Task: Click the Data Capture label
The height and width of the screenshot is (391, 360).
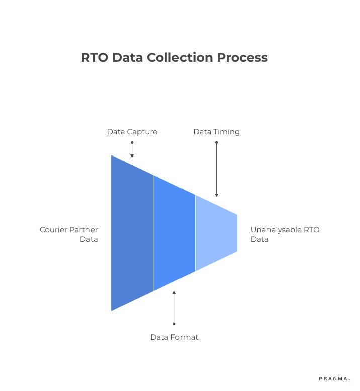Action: coord(132,132)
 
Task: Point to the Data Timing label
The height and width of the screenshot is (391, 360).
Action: coord(216,132)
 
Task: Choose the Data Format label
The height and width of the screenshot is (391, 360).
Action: coord(174,337)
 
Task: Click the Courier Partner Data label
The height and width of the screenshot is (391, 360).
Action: coord(69,234)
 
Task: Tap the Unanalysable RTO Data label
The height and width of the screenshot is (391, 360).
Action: coord(285,234)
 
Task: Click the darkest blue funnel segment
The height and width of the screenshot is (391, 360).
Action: coord(132,233)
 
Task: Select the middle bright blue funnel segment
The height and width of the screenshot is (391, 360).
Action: coord(174,233)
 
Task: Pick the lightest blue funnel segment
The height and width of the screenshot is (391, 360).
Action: coord(216,233)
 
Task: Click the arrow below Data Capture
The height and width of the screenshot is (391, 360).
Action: coord(132,150)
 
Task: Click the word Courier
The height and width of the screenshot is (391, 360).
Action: coord(53,230)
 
